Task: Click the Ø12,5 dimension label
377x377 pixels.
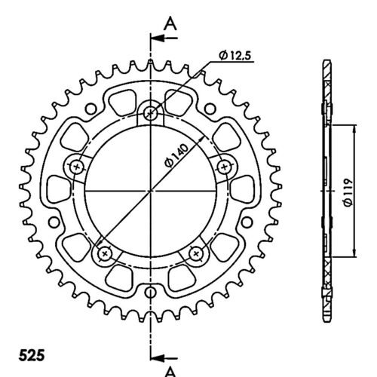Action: click(x=234, y=56)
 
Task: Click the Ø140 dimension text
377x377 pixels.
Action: click(x=176, y=155)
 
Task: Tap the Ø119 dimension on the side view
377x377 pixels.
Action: click(x=348, y=192)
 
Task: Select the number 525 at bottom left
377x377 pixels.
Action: click(x=32, y=355)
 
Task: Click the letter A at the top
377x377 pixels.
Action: click(x=170, y=23)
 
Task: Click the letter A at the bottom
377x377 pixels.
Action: click(x=170, y=372)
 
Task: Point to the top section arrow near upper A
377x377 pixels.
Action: click(x=164, y=38)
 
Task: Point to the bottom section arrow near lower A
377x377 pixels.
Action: click(x=164, y=357)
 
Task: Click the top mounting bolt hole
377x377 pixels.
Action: click(x=151, y=114)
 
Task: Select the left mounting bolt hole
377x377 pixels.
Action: click(x=76, y=167)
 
